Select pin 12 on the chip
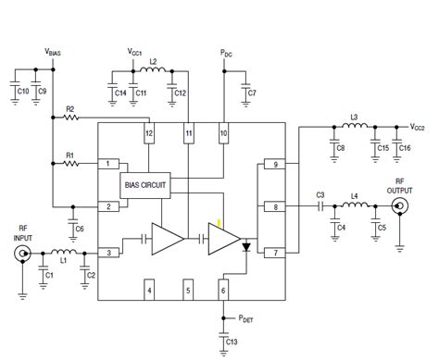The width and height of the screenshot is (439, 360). point(148,134)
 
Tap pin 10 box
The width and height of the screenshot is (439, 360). point(223,134)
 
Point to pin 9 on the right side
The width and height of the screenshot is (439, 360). point(274,165)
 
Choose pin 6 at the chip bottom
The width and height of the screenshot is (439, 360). point(223,291)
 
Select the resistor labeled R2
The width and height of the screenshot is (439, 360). point(71,119)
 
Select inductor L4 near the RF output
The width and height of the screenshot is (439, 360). point(353,207)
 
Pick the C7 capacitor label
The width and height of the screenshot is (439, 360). point(253,94)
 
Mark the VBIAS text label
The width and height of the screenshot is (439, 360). point(53,54)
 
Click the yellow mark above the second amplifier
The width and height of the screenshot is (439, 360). point(219,223)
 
